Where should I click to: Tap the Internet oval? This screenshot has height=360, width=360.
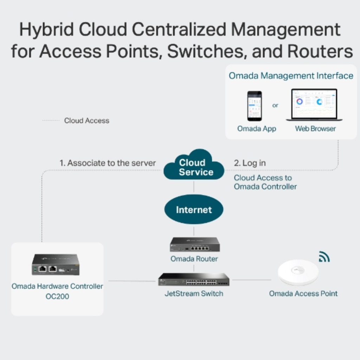click(x=194, y=210)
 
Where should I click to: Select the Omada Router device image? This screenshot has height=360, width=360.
click(x=194, y=244)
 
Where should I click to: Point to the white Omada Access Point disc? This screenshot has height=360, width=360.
click(x=298, y=272)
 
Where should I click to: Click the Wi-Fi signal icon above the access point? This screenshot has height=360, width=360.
click(x=324, y=257)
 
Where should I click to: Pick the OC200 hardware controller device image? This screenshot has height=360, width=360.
click(x=56, y=264)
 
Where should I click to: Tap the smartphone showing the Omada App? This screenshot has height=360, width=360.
click(x=254, y=106)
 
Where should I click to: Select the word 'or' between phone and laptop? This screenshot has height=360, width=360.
click(x=275, y=105)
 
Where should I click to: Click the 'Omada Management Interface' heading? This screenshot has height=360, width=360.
click(x=291, y=76)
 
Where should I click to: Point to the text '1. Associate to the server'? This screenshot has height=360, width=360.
click(x=108, y=163)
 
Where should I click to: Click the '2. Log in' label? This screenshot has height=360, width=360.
click(x=250, y=163)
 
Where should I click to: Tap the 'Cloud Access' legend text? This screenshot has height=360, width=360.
click(x=86, y=121)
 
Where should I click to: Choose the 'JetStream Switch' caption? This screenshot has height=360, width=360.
click(x=194, y=293)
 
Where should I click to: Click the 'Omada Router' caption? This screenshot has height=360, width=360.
click(x=194, y=259)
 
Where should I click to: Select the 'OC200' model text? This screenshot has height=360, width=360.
click(x=57, y=296)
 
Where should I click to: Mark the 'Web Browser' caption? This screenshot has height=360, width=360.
click(x=315, y=129)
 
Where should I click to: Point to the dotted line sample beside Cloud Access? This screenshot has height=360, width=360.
click(x=51, y=121)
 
